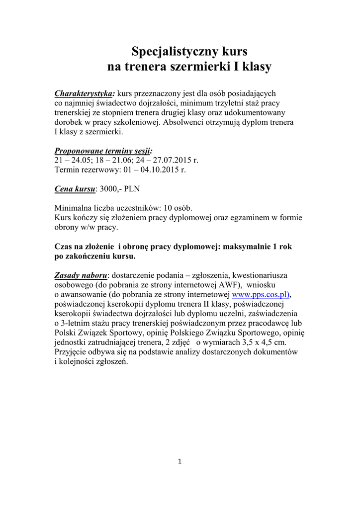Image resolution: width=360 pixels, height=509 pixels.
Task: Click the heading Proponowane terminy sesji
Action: pyautogui.click(x=103, y=151)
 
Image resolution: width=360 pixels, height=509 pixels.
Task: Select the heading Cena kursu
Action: pyautogui.click(x=74, y=189)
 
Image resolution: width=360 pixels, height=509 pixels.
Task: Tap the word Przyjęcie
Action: pyautogui.click(x=73, y=351)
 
